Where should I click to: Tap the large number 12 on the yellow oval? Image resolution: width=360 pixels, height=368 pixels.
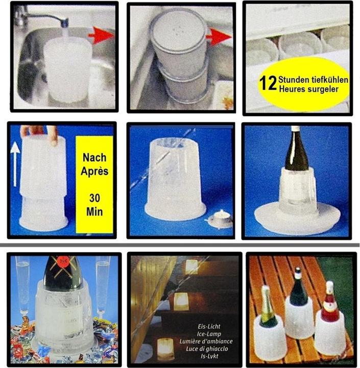tap(268, 82)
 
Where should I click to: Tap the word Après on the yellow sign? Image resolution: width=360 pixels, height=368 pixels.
tap(94, 170)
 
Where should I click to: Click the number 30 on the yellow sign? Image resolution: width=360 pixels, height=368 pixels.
tap(94, 198)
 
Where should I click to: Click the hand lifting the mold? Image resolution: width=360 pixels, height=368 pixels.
tap(39, 132)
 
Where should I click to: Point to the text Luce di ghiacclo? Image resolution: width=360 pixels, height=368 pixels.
tap(210, 349)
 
